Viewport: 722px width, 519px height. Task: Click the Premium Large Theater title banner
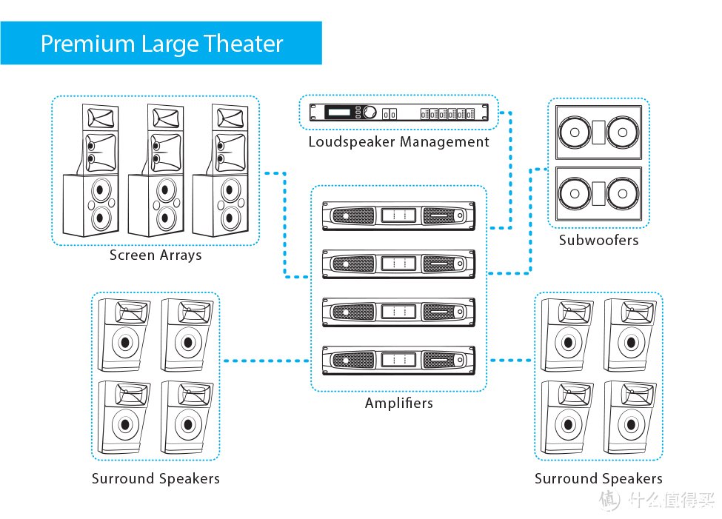(161, 43)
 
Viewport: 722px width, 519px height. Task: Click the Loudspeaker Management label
(398, 142)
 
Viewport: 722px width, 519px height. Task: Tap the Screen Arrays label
(156, 255)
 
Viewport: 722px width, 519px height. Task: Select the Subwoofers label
(598, 240)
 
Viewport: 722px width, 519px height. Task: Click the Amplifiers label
(398, 403)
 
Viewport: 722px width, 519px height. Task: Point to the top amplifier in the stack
(398, 215)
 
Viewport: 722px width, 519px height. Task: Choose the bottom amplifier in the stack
(398, 360)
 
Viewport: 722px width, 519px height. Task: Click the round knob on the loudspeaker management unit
(370, 112)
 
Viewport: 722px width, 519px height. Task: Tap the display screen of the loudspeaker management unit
(339, 112)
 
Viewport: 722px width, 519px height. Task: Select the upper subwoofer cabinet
(598, 133)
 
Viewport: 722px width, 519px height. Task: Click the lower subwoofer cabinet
(598, 193)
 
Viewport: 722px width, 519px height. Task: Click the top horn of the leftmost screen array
(101, 117)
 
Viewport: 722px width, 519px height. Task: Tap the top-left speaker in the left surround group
(124, 335)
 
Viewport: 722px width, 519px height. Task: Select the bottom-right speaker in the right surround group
(630, 418)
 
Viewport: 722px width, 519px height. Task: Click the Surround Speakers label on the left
(156, 478)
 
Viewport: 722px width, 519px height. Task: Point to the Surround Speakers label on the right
(598, 478)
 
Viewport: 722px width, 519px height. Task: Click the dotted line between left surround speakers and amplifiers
(266, 361)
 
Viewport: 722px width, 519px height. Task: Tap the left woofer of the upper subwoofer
(574, 133)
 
